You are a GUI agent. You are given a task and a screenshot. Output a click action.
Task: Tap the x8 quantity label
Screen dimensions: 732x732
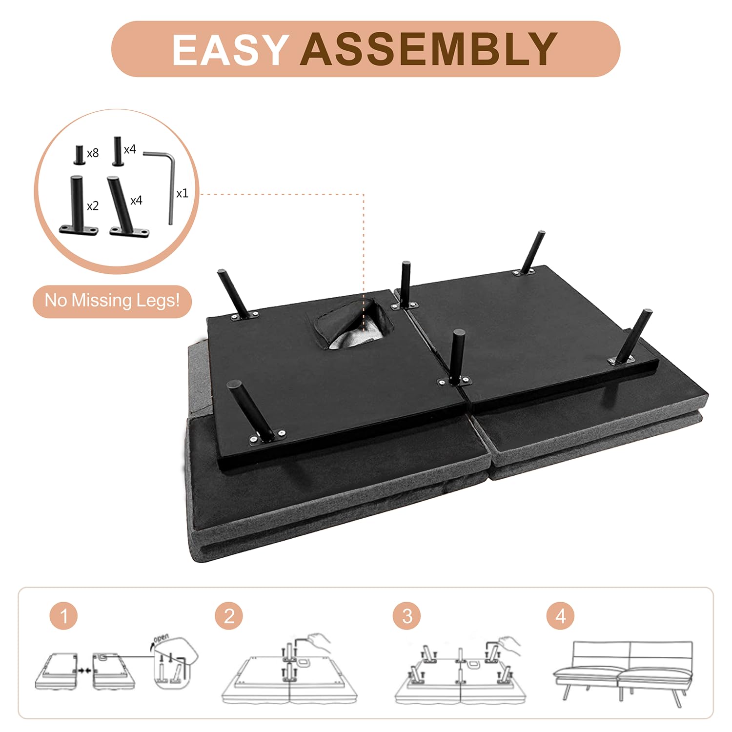93,153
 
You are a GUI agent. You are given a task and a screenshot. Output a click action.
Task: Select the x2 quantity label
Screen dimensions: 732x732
93,206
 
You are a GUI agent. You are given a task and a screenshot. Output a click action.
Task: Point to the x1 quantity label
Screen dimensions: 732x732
182,193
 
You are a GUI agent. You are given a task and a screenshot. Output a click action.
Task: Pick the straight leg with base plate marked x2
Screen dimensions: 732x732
78,205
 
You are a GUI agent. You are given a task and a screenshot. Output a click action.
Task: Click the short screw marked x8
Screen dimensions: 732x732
79,155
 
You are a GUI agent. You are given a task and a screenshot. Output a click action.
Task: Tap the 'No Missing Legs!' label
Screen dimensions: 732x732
112,301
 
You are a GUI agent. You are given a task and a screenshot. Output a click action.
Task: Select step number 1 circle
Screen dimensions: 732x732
64,616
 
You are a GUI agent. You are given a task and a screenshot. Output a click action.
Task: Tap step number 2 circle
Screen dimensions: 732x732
229,616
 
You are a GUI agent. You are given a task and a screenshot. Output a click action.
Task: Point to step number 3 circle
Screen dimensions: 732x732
407,616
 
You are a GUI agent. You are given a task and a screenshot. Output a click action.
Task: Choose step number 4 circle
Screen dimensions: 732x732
560,616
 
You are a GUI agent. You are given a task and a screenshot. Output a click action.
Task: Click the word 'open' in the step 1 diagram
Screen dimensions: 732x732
161,638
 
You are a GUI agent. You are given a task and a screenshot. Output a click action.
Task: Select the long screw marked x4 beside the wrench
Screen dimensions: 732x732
117,151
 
